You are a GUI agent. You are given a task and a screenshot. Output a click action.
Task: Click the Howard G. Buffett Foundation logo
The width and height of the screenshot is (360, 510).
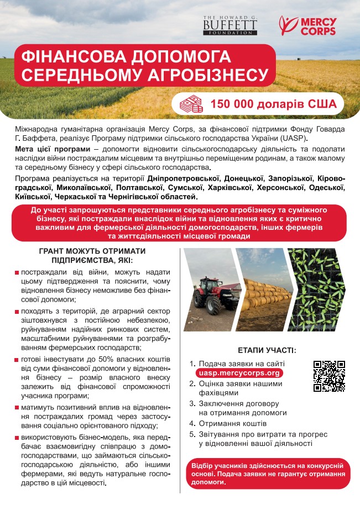(229, 24)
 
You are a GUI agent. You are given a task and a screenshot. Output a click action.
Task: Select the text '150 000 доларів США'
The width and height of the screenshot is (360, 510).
(269, 103)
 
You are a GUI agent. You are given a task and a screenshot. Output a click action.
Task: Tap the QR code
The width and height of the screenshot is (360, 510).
(329, 376)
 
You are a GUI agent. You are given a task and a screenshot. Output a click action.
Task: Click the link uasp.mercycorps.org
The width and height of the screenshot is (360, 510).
(241, 373)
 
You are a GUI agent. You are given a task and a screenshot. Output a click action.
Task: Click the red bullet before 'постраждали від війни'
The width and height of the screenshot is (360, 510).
(17, 273)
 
